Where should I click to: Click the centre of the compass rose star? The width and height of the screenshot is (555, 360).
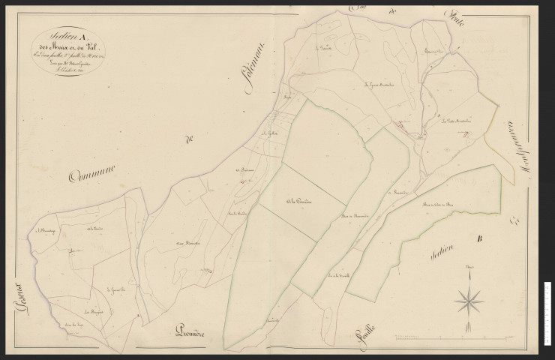coord(469,301)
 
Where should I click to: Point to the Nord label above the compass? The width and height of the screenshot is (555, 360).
coord(469,268)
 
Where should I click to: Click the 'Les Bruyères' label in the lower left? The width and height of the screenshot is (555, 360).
coord(93,310)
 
